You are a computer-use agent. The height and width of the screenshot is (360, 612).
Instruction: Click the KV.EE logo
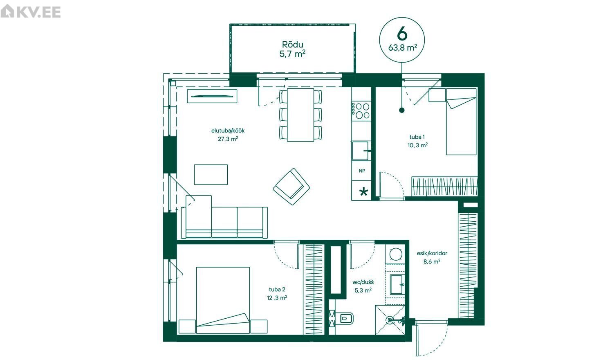[31, 11]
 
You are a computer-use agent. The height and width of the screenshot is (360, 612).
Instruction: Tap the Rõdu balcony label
[293, 44]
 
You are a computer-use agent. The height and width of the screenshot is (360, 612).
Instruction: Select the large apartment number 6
[402, 34]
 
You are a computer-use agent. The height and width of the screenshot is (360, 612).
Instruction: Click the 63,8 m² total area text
[402, 48]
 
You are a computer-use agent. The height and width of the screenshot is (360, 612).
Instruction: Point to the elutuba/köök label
[228, 130]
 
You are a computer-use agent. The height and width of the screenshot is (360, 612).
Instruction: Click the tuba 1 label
[417, 137]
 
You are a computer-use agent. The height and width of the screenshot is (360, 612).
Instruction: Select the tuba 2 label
[277, 289]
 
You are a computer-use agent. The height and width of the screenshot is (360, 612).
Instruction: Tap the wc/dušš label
[363, 282]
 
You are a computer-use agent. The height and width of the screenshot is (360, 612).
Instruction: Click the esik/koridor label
[432, 253]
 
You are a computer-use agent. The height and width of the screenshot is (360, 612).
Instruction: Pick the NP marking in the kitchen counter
[362, 171]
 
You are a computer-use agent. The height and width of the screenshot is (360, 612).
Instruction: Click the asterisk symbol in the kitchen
[363, 191]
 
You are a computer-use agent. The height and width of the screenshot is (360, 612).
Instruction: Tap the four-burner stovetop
[361, 111]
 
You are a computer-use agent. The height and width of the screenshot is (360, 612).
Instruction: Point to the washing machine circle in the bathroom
[395, 254]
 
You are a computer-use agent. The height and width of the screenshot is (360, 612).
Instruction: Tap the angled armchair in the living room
[291, 187]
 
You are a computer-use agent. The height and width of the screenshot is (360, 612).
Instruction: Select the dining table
[300, 115]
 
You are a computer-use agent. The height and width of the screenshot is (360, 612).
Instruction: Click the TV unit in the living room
[212, 96]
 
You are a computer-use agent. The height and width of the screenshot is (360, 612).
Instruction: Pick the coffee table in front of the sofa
[211, 175]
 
